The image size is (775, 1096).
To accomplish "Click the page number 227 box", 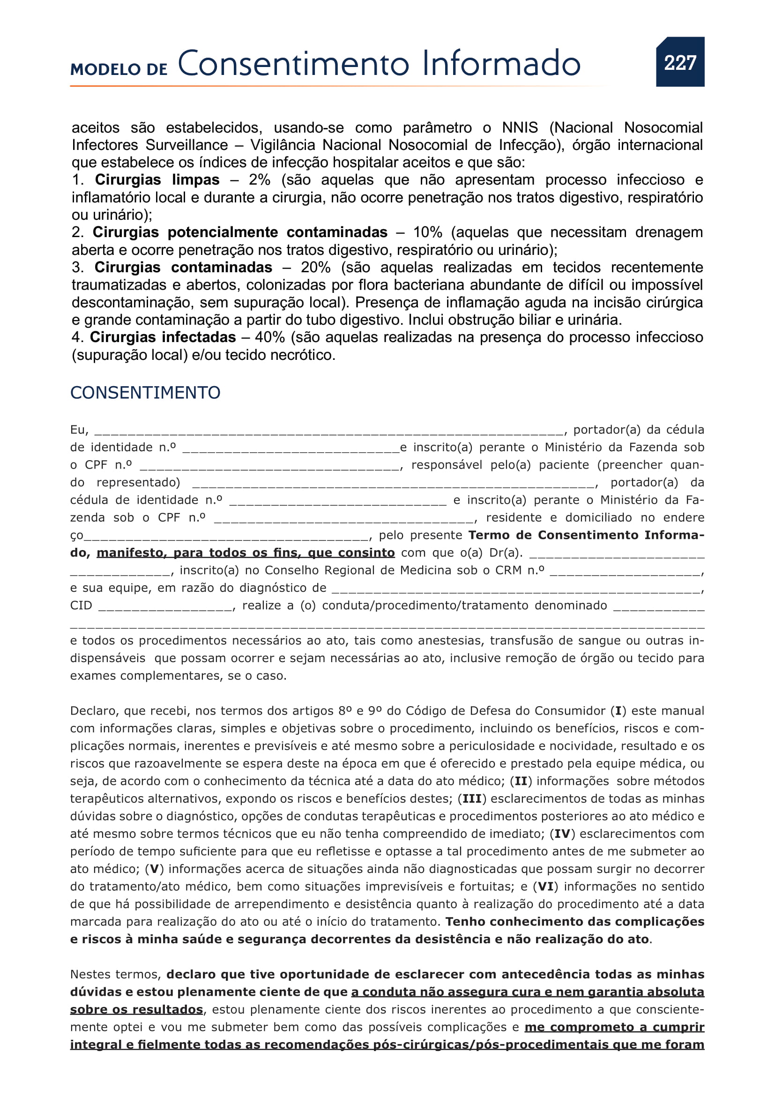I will (x=679, y=62).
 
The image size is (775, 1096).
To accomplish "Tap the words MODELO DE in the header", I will (x=119, y=69).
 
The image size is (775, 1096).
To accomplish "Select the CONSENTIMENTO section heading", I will (x=145, y=392).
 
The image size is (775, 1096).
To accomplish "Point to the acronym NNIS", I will (x=519, y=127).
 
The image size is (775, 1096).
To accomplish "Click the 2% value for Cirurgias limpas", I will (x=259, y=180).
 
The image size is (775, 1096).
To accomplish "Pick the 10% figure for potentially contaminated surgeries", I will (x=427, y=232).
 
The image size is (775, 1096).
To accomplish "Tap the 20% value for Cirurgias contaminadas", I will (x=315, y=267).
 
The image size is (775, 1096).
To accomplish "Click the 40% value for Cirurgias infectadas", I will (x=269, y=337).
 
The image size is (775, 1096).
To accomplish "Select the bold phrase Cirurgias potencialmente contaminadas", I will (x=239, y=232).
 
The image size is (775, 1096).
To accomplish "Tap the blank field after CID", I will (x=165, y=607).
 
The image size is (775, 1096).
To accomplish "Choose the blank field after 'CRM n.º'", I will (x=625, y=571).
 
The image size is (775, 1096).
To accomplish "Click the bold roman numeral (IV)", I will (x=563, y=834).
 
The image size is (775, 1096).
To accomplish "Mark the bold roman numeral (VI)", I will (x=546, y=887).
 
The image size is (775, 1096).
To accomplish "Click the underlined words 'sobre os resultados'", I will (x=136, y=1010).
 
